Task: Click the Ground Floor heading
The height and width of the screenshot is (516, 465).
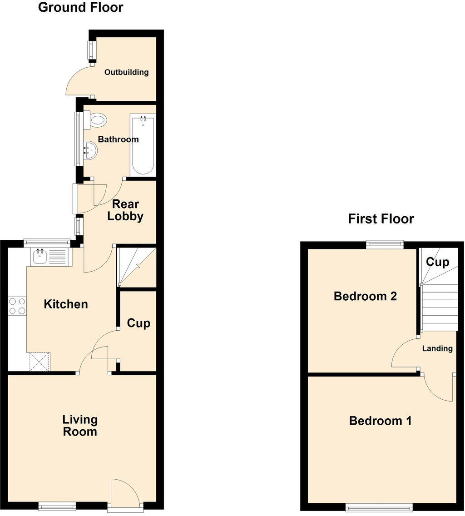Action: coord(80,8)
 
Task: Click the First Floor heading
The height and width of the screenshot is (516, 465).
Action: coord(381,219)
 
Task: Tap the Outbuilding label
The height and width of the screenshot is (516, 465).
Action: coord(126,72)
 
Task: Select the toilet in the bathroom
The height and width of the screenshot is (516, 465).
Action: coord(98,120)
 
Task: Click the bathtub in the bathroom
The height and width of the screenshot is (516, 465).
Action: coord(143,144)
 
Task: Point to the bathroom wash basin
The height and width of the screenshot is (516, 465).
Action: coord(91,150)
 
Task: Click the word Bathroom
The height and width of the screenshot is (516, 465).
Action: coord(118,139)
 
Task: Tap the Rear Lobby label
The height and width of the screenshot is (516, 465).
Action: coord(125,210)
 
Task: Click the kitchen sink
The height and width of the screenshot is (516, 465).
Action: coord(39,257)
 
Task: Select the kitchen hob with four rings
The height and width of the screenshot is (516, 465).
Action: coord(17,306)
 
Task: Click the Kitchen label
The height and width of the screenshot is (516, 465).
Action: coord(65,304)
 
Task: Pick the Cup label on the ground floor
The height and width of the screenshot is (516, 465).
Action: coord(138,323)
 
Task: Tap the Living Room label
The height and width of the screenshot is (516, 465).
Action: coord(80,426)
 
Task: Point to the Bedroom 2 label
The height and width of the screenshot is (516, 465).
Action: coord(365,297)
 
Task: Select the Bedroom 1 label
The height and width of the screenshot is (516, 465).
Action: coord(380,421)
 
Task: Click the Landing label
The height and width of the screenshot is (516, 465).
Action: coord(437,349)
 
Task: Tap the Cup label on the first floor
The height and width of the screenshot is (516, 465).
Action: coord(437,262)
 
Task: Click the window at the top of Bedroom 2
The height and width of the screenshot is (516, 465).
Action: coord(385,244)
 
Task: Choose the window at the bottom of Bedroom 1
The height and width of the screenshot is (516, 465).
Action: coord(379,506)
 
